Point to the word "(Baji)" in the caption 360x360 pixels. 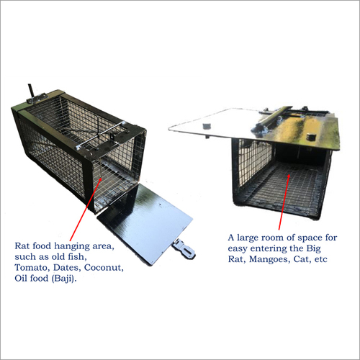pos(64,279)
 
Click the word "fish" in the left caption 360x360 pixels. pos(77,256)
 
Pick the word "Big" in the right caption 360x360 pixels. pos(313,248)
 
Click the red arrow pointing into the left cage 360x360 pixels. pos(86,210)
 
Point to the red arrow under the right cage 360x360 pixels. pos(284,202)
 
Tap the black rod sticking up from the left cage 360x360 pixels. pos(31,91)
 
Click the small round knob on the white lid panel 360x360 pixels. pos(206,126)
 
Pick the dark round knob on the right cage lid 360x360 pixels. pos(311,137)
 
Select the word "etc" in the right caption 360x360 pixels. pos(321,259)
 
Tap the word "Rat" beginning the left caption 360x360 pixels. pos(21,246)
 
